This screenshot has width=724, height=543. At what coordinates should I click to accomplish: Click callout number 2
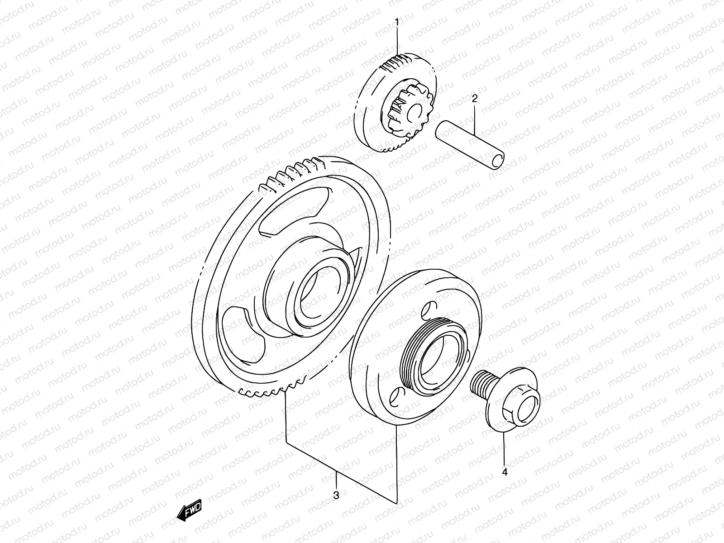(475, 98)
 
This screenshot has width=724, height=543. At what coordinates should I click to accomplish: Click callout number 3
(336, 495)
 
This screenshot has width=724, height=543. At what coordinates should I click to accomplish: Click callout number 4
(505, 472)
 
